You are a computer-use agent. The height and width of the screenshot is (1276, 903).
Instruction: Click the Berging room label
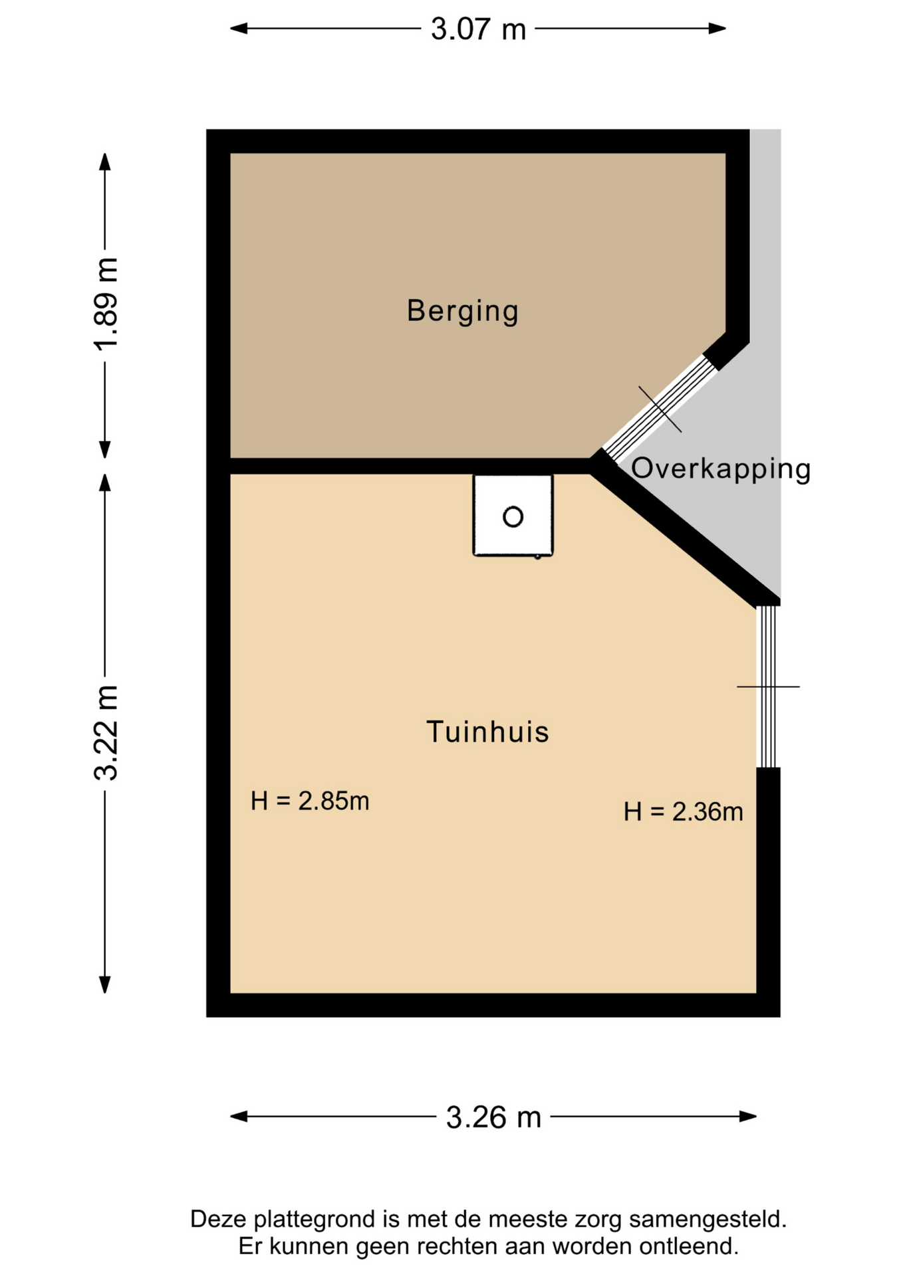[x=463, y=311]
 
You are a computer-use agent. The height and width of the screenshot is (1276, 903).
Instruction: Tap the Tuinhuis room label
[x=487, y=732]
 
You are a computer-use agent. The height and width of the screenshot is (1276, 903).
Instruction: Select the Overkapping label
[x=721, y=469]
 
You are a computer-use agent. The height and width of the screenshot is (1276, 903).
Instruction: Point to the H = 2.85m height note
[x=310, y=801]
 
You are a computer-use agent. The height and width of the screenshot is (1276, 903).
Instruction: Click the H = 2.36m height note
[x=683, y=811]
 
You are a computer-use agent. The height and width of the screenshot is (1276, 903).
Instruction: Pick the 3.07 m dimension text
[x=478, y=29]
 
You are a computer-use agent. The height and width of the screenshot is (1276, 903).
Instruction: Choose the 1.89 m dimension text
[x=106, y=303]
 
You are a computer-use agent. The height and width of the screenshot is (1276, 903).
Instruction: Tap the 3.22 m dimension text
[x=106, y=732]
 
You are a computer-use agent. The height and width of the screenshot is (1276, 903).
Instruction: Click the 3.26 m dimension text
[x=493, y=1117]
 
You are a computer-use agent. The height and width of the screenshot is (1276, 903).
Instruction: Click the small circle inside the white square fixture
[x=513, y=516]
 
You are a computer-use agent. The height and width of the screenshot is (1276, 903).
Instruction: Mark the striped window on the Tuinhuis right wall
[x=768, y=687]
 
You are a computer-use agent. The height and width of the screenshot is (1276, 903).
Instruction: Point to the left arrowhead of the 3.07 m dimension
[x=239, y=28]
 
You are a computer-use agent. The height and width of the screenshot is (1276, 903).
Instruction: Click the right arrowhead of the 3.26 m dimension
[x=748, y=1116]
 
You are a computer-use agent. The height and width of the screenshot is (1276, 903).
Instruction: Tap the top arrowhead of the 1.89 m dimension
[x=104, y=162]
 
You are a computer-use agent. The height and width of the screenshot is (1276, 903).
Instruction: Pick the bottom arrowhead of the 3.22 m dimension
[x=104, y=984]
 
